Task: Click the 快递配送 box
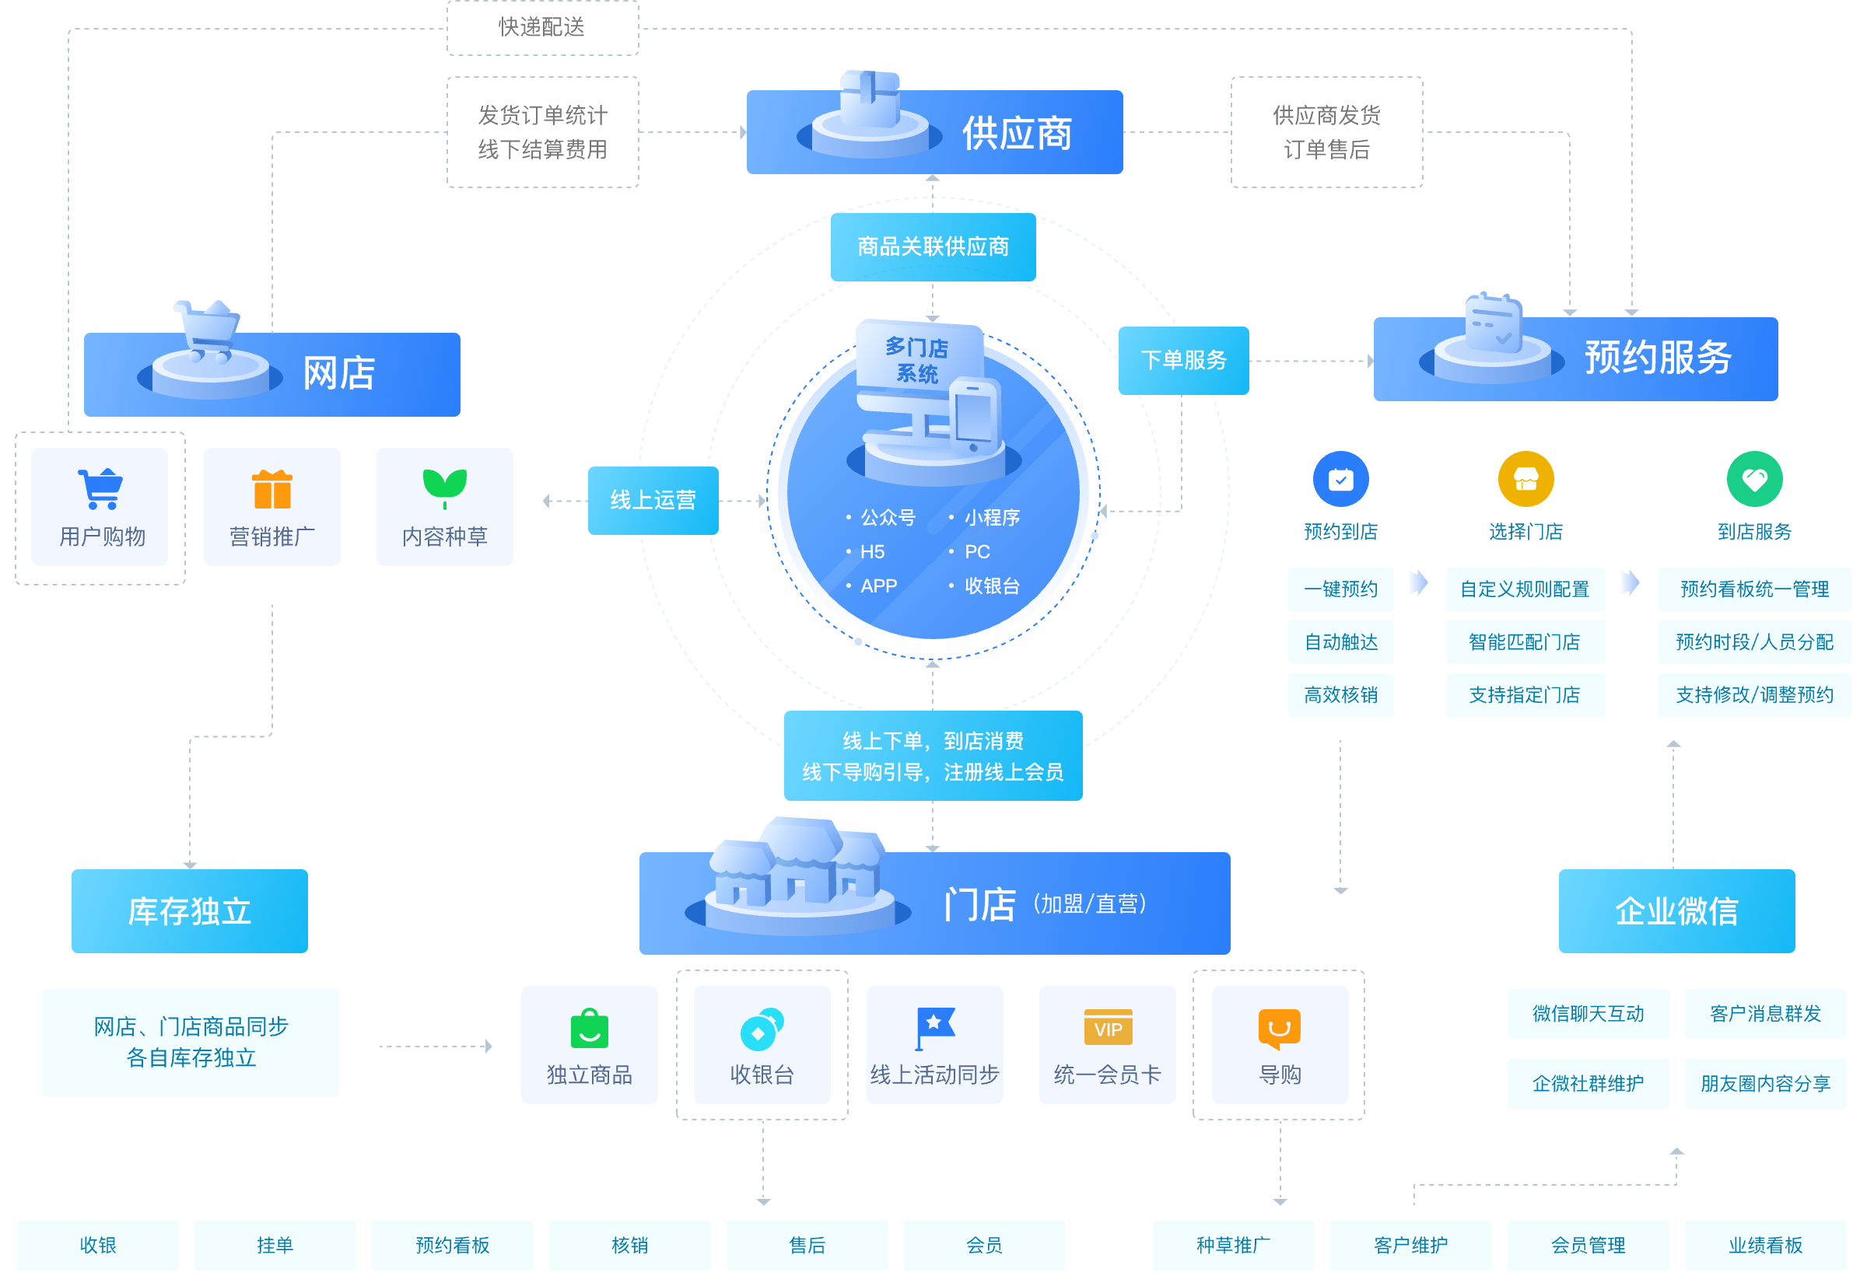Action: click(542, 27)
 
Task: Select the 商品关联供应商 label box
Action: click(933, 246)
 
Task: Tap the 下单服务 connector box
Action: click(1183, 360)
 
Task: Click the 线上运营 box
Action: click(653, 501)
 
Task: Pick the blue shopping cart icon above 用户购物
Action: click(101, 488)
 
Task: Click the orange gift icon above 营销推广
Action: click(272, 489)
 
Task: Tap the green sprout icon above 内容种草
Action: click(444, 487)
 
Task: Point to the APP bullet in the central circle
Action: click(877, 585)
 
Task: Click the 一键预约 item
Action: click(1340, 589)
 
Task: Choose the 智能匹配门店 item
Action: click(1525, 642)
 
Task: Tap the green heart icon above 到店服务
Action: click(1754, 480)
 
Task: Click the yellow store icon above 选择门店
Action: click(1525, 480)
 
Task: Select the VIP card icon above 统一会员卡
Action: click(1108, 1027)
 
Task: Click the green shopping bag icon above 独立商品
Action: click(590, 1029)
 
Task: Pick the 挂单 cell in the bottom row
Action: click(275, 1245)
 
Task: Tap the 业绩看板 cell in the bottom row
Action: click(1765, 1245)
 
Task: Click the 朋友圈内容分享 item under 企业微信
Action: click(1765, 1084)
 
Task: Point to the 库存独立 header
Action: click(190, 911)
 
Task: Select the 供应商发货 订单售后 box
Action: click(1326, 132)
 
